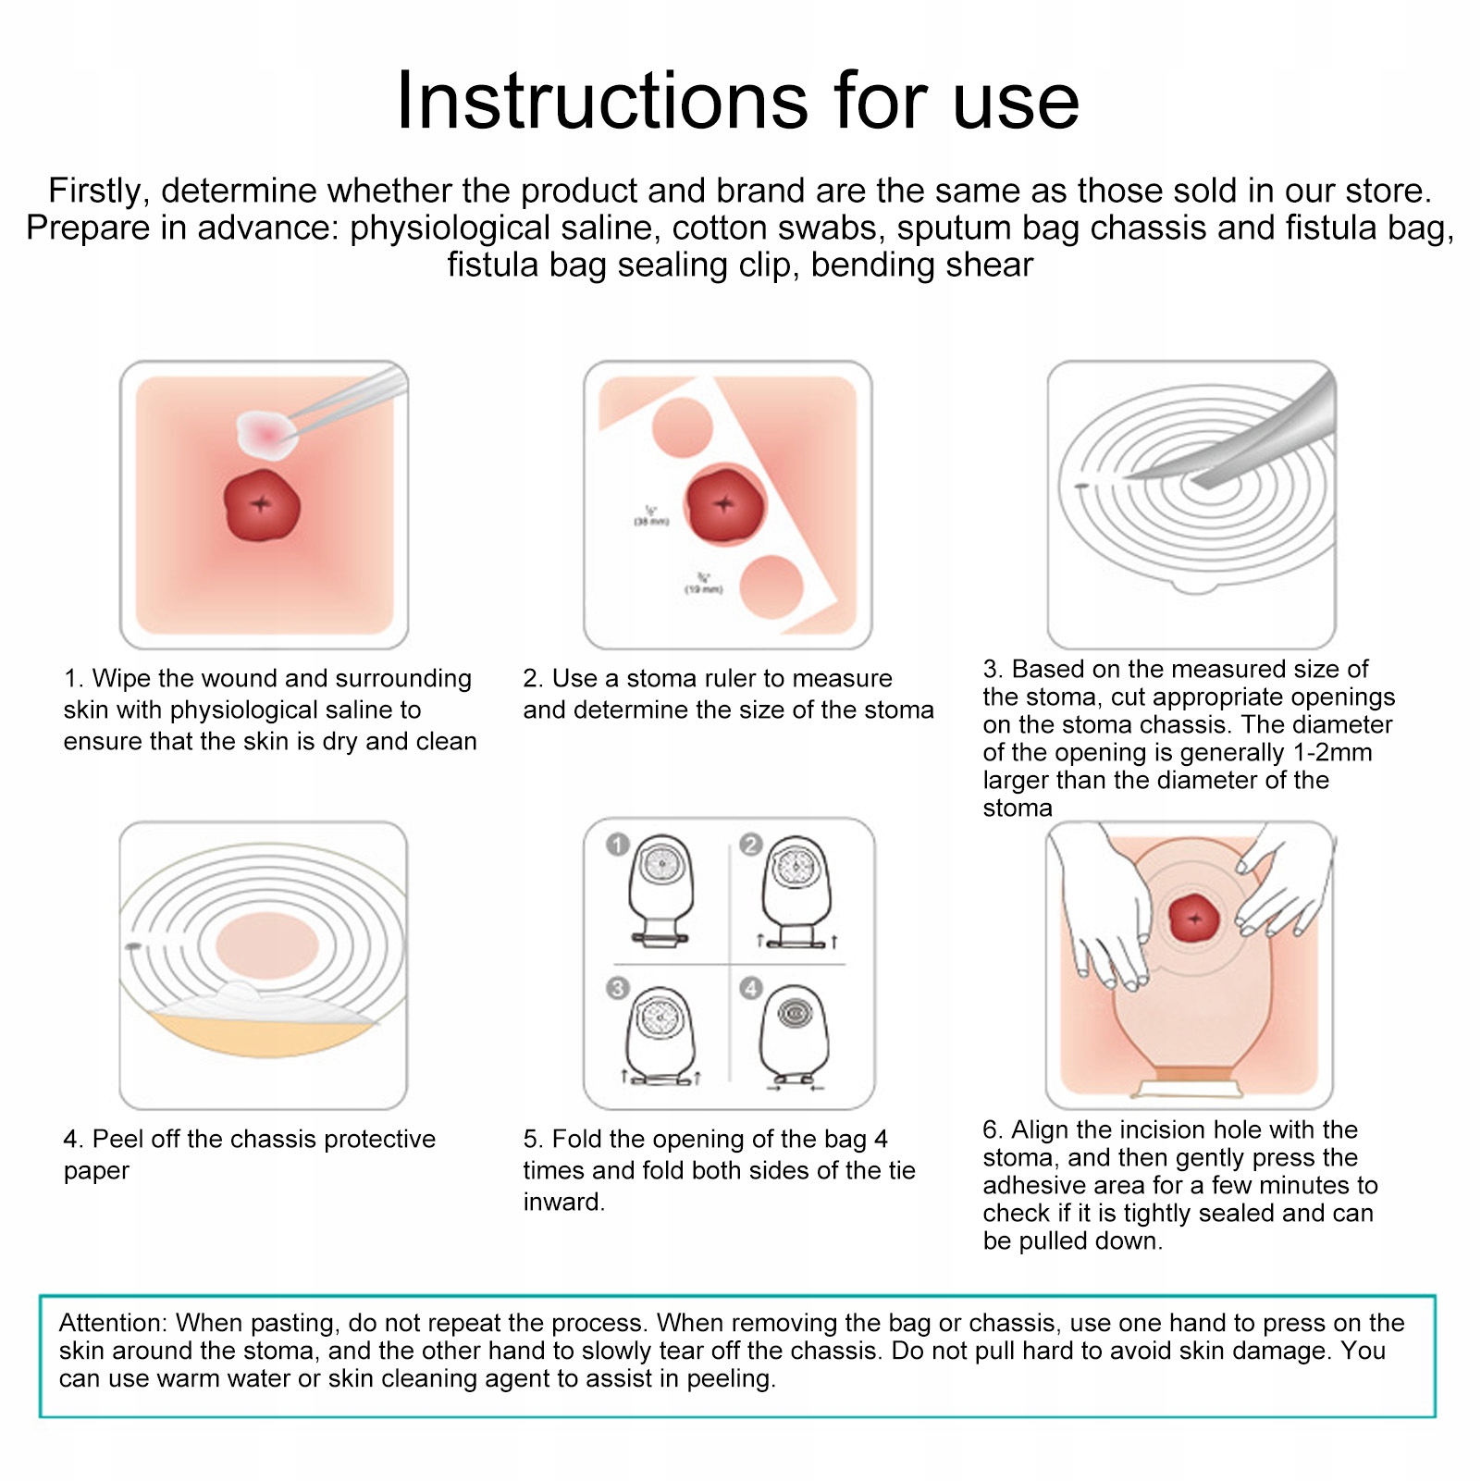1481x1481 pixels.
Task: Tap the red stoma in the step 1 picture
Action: click(262, 505)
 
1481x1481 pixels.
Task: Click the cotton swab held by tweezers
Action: click(267, 433)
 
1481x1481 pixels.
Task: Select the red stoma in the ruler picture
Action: click(725, 505)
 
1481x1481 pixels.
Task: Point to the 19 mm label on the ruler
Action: click(704, 584)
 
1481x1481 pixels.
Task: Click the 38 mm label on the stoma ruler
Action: click(651, 516)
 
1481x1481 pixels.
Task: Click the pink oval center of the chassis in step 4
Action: click(267, 945)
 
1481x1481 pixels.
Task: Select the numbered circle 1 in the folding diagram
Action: click(618, 844)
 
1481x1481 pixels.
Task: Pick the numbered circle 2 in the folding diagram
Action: click(751, 844)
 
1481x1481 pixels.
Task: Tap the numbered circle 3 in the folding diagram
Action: click(618, 988)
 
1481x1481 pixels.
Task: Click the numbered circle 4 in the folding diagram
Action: click(751, 988)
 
